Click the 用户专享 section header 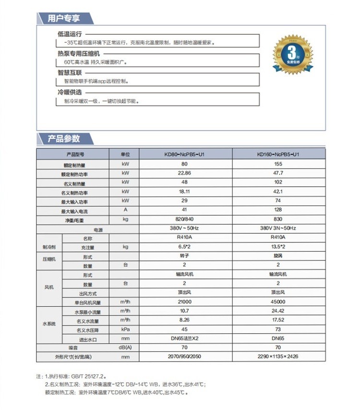point(64,19)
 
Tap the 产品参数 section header point(64,139)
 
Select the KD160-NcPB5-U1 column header point(278,155)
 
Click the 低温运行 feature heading point(70,35)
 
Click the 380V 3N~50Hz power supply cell point(278,228)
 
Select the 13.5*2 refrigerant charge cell point(278,246)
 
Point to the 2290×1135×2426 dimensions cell point(278,357)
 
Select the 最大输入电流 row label point(74,211)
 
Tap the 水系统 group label point(49,324)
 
